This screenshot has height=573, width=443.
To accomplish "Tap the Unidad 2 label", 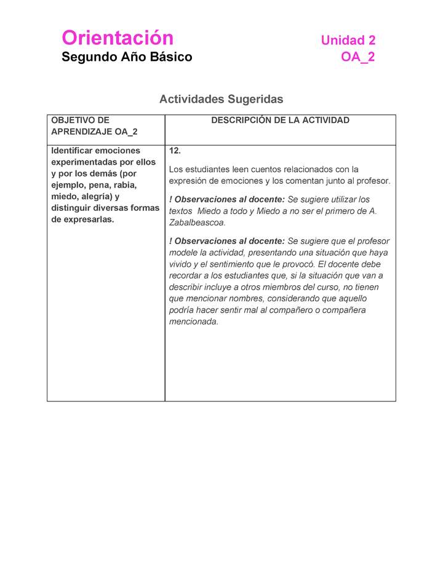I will tap(348, 41).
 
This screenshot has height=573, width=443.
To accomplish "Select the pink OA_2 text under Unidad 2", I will tap(357, 57).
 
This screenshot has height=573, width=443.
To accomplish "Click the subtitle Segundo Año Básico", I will tap(127, 57).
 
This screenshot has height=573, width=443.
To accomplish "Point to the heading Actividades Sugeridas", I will tap(221, 99).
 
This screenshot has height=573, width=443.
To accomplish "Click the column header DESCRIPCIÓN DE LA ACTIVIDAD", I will tap(280, 121).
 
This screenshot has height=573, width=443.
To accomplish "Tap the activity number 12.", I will tap(175, 151).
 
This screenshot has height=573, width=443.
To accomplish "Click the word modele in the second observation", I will tap(183, 253).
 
